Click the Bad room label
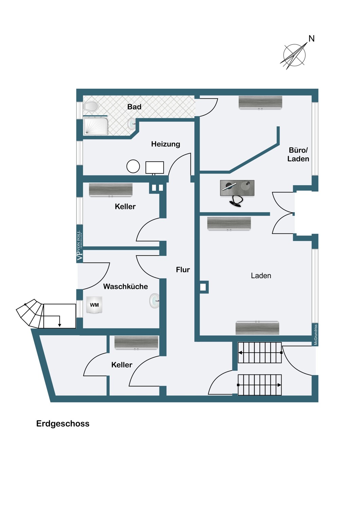pos(134,107)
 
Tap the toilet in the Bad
pos(91,106)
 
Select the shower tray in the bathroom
pos(95,126)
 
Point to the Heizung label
pos(165,144)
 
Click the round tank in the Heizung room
pos(133,166)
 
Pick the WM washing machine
pos(94,305)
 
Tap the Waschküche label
pos(126,286)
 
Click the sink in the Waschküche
pos(155,301)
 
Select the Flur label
pos(183,270)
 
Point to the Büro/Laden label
pos(298,154)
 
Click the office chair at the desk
pos(236,201)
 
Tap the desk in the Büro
pos(237,188)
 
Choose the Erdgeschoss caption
pos(63,424)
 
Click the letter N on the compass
pos(311,39)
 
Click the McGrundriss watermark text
pos(316,335)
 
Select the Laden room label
pos(261,276)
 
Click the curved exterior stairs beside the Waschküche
pos(30,314)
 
